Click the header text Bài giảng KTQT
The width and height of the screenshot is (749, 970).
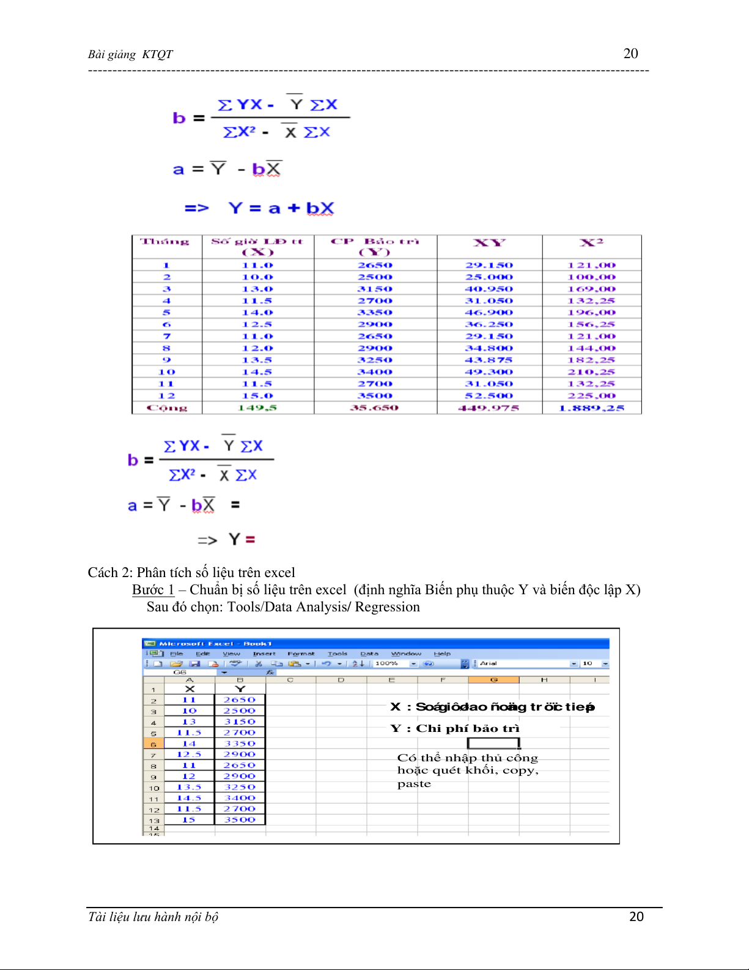(130, 54)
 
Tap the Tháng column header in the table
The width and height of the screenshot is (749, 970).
(165, 242)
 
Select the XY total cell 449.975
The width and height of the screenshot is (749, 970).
(489, 408)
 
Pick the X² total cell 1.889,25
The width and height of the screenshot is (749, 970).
(591, 408)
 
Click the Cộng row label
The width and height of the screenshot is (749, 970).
(167, 408)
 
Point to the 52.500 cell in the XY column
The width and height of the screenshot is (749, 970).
(489, 396)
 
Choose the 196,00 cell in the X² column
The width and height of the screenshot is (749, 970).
(591, 313)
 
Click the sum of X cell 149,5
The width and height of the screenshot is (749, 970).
(257, 408)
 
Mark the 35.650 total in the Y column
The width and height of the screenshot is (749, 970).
(374, 408)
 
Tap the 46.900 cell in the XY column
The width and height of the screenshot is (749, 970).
(489, 313)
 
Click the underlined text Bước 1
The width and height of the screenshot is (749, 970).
(153, 590)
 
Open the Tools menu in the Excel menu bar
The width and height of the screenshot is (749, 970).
(337, 654)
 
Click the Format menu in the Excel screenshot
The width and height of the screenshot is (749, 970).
(301, 654)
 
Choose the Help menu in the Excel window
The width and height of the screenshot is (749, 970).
(442, 654)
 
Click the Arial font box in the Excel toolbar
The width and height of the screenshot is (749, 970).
(523, 663)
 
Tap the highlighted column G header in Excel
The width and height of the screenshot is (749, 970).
(493, 680)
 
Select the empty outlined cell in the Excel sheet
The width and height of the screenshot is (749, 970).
(493, 743)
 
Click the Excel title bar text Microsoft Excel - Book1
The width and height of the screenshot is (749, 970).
(215, 644)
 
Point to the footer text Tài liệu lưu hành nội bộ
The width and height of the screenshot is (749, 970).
(153, 917)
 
